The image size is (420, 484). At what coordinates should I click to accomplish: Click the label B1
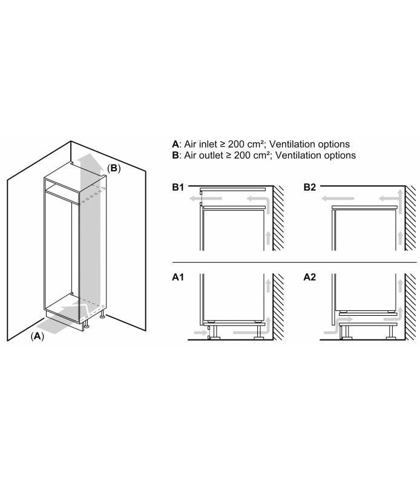(x=178, y=187)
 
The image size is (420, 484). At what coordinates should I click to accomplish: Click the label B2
(x=310, y=187)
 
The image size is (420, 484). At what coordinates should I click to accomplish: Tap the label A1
(x=178, y=277)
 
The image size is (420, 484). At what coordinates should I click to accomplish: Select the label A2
(x=310, y=277)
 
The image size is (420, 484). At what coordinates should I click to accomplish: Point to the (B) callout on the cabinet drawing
(x=114, y=168)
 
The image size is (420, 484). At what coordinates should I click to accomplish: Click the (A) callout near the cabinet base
(x=38, y=336)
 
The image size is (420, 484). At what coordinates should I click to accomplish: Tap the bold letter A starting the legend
(x=176, y=144)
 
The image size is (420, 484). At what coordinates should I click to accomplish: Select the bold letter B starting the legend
(x=176, y=155)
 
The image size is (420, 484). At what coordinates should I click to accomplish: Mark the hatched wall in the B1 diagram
(x=278, y=218)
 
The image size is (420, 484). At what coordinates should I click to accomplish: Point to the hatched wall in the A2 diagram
(x=410, y=307)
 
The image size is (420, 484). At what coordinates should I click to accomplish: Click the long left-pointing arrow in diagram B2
(x=338, y=198)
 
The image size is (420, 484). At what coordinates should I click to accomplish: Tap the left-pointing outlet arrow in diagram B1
(x=206, y=198)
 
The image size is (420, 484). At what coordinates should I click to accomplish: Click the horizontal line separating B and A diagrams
(x=294, y=262)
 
